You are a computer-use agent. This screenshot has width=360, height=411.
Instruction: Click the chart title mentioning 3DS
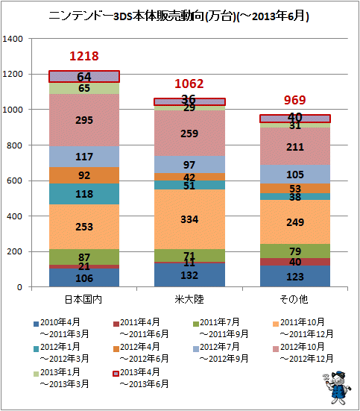tap(179, 16)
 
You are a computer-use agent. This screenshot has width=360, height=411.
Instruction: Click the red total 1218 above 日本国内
tap(84, 56)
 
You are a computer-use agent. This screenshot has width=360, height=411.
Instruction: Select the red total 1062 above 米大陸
tap(189, 84)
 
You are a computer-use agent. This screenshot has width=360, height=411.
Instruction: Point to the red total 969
tap(295, 100)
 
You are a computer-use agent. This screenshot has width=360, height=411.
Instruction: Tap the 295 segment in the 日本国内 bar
tap(84, 120)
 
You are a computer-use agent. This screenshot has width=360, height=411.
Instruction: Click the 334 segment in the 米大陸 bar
tap(189, 219)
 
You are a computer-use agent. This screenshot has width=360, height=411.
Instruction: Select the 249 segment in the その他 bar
tap(295, 222)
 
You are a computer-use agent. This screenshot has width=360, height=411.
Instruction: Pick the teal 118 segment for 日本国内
tap(84, 194)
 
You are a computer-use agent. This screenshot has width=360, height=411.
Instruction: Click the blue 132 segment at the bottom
tap(189, 275)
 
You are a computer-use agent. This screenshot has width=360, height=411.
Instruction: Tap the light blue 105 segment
tap(295, 175)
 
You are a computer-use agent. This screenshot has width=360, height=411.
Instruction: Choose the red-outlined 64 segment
tap(84, 77)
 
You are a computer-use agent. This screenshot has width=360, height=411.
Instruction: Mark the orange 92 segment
tap(84, 175)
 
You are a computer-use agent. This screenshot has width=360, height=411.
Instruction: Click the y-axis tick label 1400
tap(13, 39)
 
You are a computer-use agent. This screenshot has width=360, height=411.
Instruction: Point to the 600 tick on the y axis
tap(15, 181)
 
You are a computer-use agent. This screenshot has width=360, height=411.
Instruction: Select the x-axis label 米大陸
tap(189, 299)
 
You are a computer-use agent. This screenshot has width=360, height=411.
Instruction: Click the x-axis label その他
tap(294, 299)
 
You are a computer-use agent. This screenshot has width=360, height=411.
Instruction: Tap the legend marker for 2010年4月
tap(37, 324)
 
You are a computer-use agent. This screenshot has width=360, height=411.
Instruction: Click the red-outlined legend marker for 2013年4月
tap(116, 374)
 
